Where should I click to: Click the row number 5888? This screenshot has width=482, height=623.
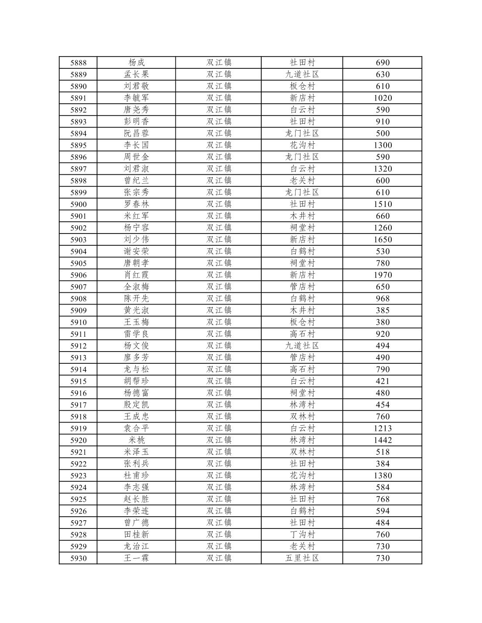coord(79,63)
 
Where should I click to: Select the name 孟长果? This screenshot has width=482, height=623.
coord(136,74)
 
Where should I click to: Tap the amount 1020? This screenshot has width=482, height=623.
coord(383,98)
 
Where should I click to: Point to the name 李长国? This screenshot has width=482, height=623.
coord(136,145)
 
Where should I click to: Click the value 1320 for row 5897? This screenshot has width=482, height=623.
coord(383,169)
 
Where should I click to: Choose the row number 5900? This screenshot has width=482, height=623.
coord(79,204)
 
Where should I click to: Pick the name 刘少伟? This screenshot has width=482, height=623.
coord(136,240)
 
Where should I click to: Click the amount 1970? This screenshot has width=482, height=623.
coord(383,275)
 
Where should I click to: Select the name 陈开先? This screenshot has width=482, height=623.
coord(136,298)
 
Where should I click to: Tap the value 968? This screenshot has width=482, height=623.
coord(383,298)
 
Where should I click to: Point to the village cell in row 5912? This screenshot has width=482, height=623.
coord(302,346)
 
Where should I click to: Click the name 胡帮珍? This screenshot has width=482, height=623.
coord(136,381)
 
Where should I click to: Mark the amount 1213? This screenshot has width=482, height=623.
coord(383,428)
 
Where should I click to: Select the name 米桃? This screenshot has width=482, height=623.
coord(136,440)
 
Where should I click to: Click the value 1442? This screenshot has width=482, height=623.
coord(383,440)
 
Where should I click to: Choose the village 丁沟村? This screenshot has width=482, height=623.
coord(302,535)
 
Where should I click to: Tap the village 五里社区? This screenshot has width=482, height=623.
coord(302,558)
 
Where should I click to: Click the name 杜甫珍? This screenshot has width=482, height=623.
coord(136,476)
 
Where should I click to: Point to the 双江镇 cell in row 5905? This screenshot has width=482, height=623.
coord(219,263)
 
